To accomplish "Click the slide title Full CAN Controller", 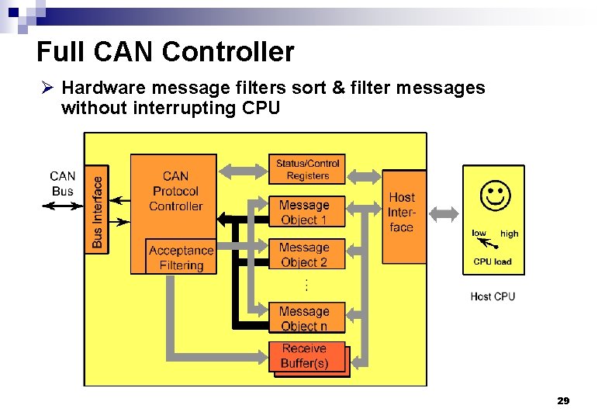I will tap(165, 52).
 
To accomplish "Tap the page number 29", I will tap(563, 400).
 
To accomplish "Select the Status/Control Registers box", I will tap(307, 169).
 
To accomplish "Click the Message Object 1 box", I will tap(304, 212).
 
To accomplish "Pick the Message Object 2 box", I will tap(304, 255).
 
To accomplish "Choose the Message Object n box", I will tap(304, 318).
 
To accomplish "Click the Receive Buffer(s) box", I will tap(305, 356).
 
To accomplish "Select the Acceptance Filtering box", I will tap(181, 258).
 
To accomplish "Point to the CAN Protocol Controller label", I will tap(175, 191).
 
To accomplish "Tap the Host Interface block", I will tap(402, 213).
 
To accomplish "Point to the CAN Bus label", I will tap(63, 184).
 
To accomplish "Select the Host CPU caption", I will tap(492, 296).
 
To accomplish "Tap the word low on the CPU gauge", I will tap(479, 233).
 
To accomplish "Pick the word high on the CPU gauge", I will tap(510, 234).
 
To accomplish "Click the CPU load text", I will tap(492, 261).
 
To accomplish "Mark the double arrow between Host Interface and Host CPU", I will tap(444, 213).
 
